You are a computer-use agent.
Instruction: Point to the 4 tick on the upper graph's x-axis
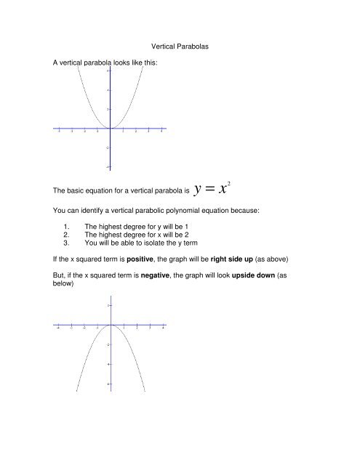tap(161, 132)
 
